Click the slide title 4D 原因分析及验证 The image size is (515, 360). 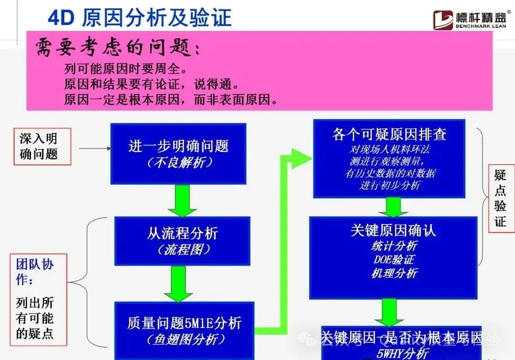click(139, 18)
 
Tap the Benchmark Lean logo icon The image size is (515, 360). click(443, 19)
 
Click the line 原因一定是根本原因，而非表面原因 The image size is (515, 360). click(171, 100)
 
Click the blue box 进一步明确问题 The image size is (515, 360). click(178, 153)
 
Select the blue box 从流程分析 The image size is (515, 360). click(182, 240)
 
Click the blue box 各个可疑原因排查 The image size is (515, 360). click(389, 158)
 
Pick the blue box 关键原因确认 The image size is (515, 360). click(393, 257)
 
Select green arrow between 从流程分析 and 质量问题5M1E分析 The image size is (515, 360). click(178, 284)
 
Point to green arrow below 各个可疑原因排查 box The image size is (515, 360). click(393, 207)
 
